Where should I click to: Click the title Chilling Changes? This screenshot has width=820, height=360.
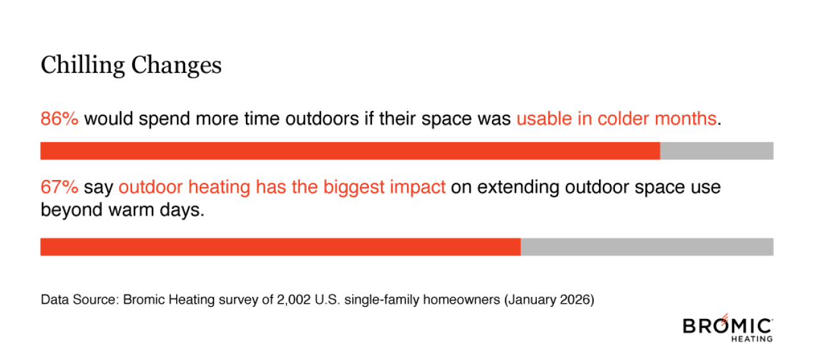(x=131, y=65)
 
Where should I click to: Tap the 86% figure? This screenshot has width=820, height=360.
(x=59, y=119)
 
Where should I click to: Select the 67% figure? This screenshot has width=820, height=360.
(x=59, y=187)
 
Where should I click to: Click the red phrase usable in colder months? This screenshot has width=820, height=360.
(x=616, y=119)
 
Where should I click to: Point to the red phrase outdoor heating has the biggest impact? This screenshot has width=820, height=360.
(x=282, y=187)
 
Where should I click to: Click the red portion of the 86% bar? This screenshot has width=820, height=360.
(x=350, y=151)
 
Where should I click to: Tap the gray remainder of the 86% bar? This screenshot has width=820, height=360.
(x=716, y=151)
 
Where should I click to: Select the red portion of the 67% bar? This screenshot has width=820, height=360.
(x=280, y=247)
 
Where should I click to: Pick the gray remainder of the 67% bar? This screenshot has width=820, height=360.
(x=647, y=247)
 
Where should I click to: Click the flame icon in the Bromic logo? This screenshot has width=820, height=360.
(x=725, y=317)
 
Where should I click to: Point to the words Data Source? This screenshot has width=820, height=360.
(x=70, y=299)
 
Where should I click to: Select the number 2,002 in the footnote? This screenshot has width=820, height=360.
(x=297, y=299)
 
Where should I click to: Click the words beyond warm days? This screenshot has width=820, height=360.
(x=122, y=210)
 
